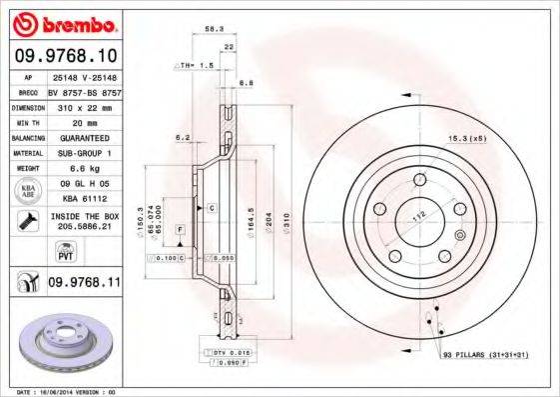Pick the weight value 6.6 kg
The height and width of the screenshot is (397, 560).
[x=80, y=169]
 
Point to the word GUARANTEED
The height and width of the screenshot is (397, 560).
[x=80, y=137]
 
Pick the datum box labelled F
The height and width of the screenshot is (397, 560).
[x=179, y=230]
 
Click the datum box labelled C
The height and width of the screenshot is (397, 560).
[x=212, y=207]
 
